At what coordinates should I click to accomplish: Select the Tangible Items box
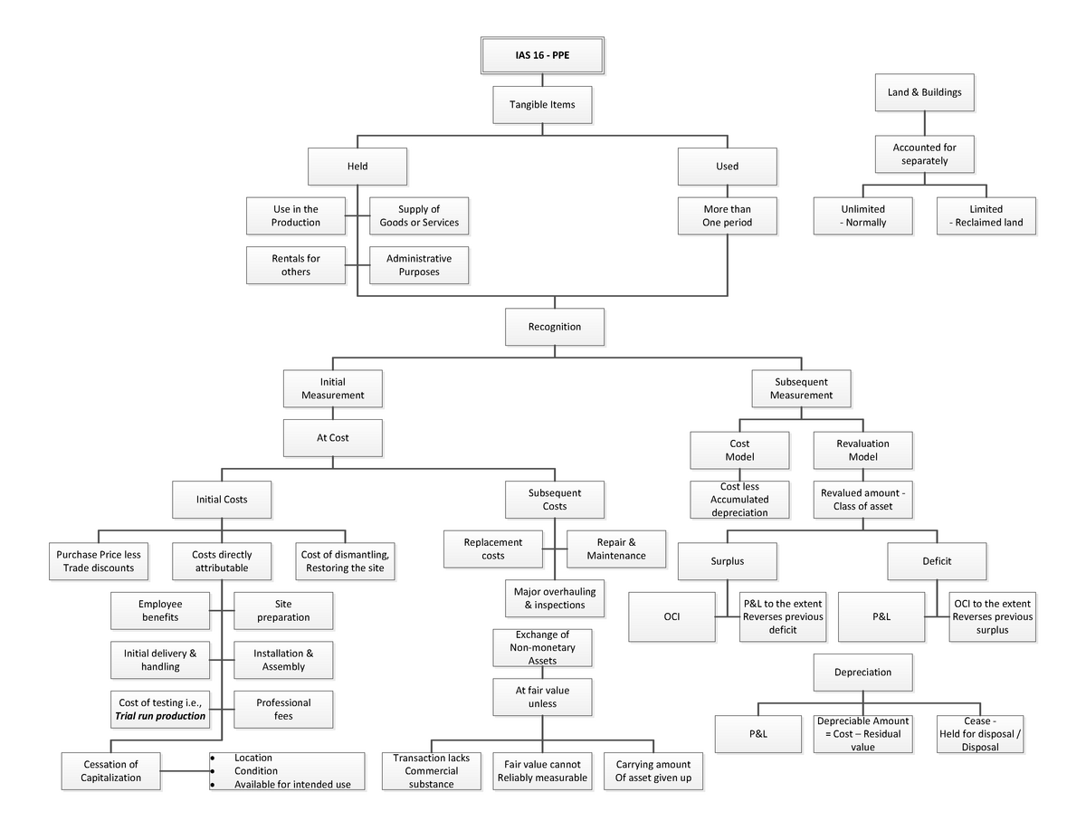(542, 104)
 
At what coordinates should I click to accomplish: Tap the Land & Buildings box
(924, 92)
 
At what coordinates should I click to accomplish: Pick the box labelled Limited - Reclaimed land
(986, 215)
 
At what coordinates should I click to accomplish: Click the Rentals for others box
(296, 264)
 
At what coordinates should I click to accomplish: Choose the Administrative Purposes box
(419, 264)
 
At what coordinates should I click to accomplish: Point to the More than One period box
(727, 215)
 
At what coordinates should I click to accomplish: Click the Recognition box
(554, 327)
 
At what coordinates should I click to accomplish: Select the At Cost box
(332, 437)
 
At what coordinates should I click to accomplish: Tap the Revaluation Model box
(862, 450)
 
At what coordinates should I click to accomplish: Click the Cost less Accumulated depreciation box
(739, 499)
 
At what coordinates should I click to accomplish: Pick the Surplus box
(727, 561)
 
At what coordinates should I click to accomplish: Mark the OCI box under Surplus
(672, 616)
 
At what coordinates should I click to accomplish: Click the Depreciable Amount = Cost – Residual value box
(862, 734)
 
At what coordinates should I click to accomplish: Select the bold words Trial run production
(160, 716)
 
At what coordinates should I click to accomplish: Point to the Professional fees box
(283, 709)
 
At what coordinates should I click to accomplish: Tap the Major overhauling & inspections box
(555, 598)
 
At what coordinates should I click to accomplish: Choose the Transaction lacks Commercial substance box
(431, 771)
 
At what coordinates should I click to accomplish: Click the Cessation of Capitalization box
(111, 771)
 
